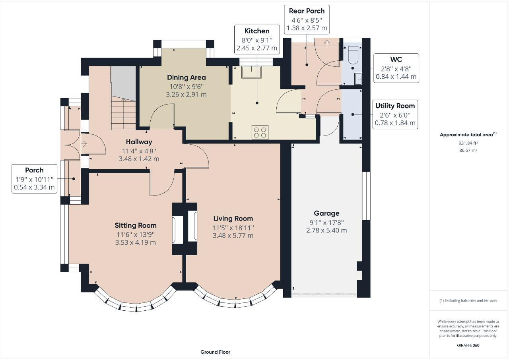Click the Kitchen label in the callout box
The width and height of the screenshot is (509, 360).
[x=256, y=31]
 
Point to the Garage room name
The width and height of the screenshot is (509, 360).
[x=326, y=213]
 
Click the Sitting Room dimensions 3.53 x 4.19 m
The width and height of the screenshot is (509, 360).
[x=136, y=242]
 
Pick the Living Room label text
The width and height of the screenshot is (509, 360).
[x=233, y=219]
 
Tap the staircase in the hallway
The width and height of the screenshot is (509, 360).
[x=123, y=114]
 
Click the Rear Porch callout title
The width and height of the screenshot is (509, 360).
[x=307, y=11]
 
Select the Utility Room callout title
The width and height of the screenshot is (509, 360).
[x=395, y=106]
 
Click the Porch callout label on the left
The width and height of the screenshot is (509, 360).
[x=34, y=170]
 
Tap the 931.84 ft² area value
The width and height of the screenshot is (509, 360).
[x=468, y=143]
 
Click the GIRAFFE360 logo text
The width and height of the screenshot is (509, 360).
[x=468, y=345]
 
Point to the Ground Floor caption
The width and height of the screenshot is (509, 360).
[x=215, y=352]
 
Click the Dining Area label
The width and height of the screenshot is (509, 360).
[x=187, y=77]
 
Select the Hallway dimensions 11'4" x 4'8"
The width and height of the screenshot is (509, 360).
[x=139, y=151]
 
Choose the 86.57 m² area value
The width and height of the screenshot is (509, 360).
[x=468, y=150]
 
